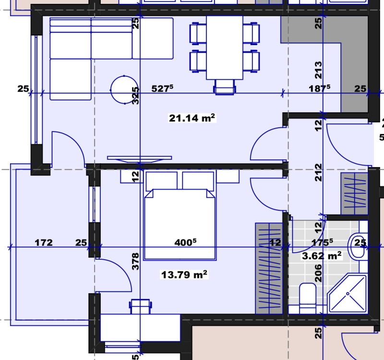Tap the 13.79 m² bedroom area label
point(184,275)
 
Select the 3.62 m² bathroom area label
point(321,255)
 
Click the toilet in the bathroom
point(307,297)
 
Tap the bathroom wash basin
point(358,242)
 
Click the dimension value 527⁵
point(162,88)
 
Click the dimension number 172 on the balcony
point(44,243)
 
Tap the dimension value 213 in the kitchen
point(318,70)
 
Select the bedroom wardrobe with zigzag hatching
point(268,269)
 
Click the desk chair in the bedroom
point(140,306)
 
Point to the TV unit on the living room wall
point(139,158)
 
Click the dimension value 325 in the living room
point(136,96)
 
